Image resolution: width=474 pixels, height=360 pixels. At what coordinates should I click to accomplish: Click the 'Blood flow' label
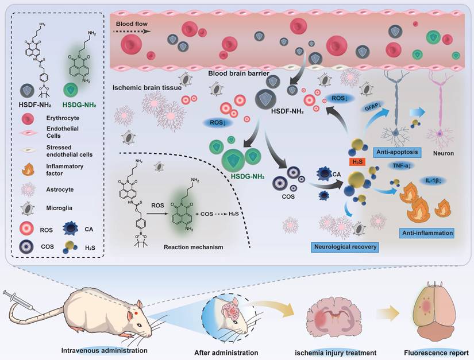[x=130, y=25]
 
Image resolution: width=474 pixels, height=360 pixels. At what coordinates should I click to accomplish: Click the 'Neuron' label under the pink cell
[x=444, y=154]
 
